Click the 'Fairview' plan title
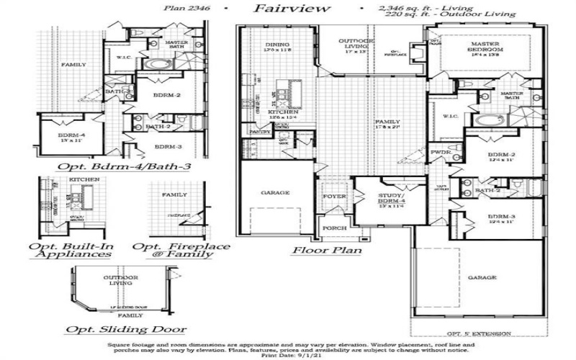coord(292,9)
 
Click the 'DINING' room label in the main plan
coord(278,45)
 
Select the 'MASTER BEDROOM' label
coord(485,50)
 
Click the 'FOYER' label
coord(334,197)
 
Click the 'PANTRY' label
coord(259,132)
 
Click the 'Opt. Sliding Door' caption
coord(126,330)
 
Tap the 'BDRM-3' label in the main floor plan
coord(503,217)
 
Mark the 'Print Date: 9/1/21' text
coord(287,355)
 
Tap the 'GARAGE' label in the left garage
coord(274,193)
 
